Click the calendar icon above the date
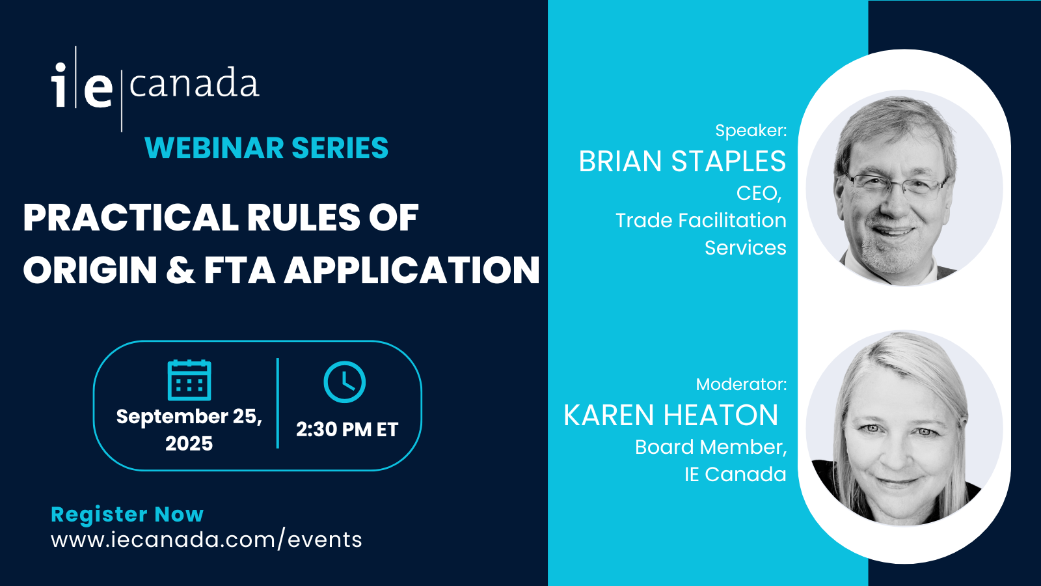tap(189, 380)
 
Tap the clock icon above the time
tap(344, 382)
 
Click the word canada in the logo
tap(194, 84)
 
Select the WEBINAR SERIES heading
tap(266, 148)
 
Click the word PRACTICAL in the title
tap(131, 217)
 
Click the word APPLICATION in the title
tap(412, 270)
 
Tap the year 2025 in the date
tap(189, 443)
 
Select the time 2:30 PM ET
tap(347, 429)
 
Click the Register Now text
tap(128, 514)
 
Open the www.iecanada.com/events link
tap(206, 540)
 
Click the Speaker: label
tap(751, 130)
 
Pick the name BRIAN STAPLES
tap(683, 161)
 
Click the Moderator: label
tap(741, 384)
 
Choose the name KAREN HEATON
tap(671, 415)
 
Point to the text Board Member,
tap(711, 447)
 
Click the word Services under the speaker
tap(746, 247)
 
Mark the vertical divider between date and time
tap(278, 403)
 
